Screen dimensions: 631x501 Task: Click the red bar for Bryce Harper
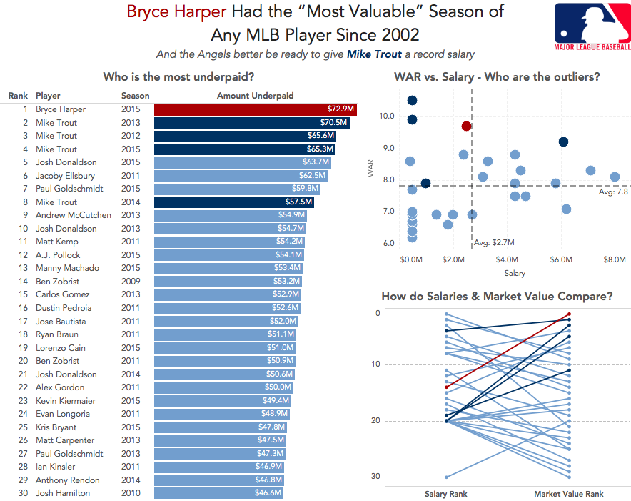(x=255, y=109)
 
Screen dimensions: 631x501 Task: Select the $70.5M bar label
(x=333, y=122)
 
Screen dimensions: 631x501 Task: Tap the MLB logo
(x=592, y=26)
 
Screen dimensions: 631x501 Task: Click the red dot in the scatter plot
(x=466, y=127)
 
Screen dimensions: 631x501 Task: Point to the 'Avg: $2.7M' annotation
(x=494, y=243)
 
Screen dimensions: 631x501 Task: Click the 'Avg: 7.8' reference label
(x=613, y=192)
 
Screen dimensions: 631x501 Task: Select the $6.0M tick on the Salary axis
(x=561, y=259)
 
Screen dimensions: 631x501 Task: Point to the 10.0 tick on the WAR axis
(x=387, y=116)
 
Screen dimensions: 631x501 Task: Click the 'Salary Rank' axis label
(x=446, y=494)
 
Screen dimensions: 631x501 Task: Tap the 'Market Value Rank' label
(x=569, y=494)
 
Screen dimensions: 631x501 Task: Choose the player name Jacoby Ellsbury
(x=65, y=176)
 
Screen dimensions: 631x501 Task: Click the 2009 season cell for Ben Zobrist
(x=131, y=282)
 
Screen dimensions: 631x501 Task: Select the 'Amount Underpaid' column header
(x=255, y=96)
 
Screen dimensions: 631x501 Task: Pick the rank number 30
(x=23, y=493)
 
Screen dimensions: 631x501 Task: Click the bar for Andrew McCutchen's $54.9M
(x=230, y=215)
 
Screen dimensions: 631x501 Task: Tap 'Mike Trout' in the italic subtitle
(x=374, y=54)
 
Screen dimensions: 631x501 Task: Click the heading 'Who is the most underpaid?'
(x=178, y=76)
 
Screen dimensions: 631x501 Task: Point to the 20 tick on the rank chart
(x=375, y=420)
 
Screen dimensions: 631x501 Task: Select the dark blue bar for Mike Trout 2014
(x=234, y=202)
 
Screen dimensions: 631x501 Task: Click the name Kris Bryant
(x=56, y=427)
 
